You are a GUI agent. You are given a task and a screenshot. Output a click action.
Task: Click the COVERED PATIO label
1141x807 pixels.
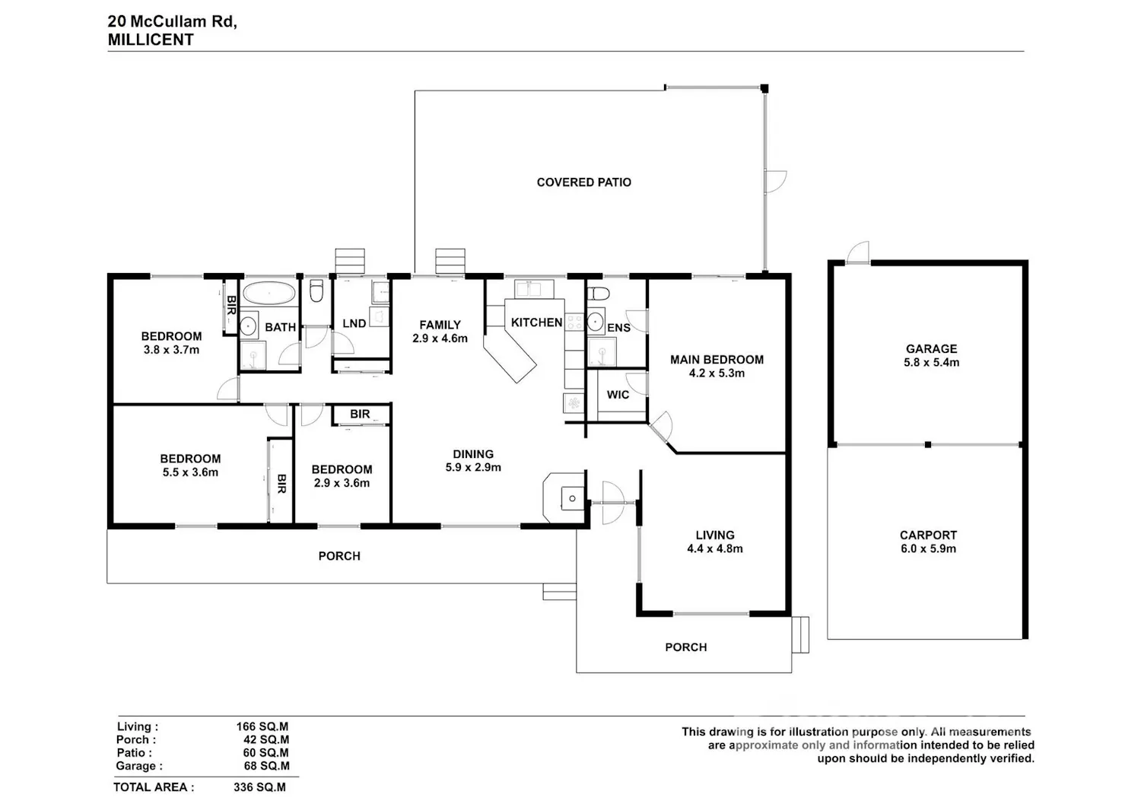(583, 183)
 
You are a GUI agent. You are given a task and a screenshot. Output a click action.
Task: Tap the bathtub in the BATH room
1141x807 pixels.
(269, 293)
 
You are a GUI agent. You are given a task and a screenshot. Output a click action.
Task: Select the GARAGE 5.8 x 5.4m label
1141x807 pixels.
(931, 356)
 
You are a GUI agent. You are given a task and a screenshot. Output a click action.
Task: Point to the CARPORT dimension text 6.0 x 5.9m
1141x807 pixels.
(928, 548)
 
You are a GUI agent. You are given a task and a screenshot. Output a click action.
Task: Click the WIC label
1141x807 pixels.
(618, 395)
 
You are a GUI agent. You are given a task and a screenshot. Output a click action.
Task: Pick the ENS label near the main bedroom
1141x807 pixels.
(619, 328)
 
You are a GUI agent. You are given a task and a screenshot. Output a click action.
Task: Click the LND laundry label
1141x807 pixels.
(354, 323)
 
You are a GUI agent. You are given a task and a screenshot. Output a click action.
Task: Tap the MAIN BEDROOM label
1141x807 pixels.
(717, 360)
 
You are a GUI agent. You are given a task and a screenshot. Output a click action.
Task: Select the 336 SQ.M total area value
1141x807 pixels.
(260, 787)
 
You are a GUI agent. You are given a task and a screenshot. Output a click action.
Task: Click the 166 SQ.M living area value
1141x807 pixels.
(262, 726)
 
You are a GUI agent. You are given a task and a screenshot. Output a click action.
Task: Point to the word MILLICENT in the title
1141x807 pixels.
(151, 40)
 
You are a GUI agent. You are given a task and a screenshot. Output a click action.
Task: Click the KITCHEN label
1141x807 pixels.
(536, 322)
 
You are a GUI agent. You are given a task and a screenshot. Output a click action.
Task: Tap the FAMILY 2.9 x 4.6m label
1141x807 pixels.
(440, 332)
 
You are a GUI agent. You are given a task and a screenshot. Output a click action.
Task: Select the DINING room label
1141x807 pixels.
(473, 454)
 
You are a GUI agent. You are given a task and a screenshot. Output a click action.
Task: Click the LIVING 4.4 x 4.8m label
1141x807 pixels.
(715, 542)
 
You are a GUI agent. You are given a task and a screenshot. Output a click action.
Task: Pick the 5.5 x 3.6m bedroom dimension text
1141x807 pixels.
(190, 472)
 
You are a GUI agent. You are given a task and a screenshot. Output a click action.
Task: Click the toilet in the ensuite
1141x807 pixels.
(598, 294)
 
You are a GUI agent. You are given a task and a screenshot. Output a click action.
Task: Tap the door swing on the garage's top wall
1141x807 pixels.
(858, 253)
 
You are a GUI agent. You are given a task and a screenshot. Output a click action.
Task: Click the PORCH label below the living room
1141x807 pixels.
(686, 647)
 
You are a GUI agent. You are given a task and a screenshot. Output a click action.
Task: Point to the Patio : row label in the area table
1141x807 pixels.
(134, 753)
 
